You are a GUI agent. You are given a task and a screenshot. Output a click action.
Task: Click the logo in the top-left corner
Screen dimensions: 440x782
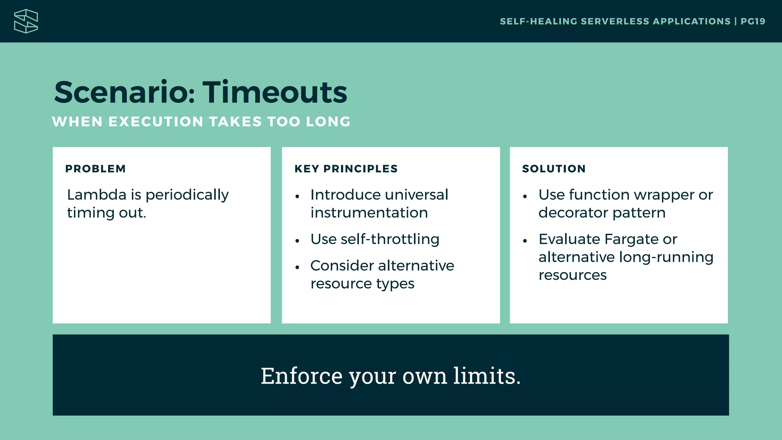(x=26, y=21)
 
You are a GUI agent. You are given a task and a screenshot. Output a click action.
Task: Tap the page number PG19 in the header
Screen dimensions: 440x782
(x=753, y=21)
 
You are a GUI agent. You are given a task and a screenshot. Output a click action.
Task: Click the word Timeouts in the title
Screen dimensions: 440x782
(x=275, y=92)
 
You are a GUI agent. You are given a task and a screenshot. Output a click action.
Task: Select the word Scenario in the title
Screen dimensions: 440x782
(x=124, y=92)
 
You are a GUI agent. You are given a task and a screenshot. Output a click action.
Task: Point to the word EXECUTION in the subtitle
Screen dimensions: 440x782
(x=156, y=122)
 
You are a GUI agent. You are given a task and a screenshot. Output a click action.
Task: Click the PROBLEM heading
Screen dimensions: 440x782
(x=95, y=169)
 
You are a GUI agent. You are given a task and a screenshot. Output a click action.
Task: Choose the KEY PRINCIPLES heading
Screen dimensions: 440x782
(x=346, y=169)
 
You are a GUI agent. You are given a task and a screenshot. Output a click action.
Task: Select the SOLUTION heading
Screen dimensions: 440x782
(x=554, y=169)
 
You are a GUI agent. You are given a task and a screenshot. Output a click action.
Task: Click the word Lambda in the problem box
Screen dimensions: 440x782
(x=97, y=195)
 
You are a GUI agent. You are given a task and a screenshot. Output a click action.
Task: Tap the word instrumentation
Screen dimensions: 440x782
(x=369, y=213)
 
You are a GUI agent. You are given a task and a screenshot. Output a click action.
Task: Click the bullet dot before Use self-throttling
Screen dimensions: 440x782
(x=297, y=241)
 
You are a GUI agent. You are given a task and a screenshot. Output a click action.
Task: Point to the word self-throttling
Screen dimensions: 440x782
(x=390, y=239)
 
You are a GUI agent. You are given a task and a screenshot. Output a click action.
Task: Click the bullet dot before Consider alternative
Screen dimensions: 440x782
(x=297, y=267)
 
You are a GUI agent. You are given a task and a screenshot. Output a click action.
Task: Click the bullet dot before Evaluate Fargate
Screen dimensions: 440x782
(x=525, y=241)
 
